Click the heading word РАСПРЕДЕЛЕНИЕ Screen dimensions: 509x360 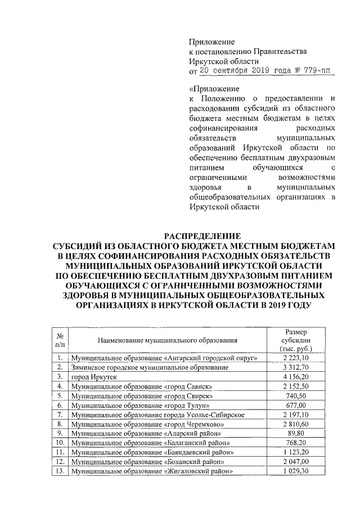pos(202,236)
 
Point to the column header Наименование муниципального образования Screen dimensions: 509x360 pos(167,340)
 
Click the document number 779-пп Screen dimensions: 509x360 pos(318,71)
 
